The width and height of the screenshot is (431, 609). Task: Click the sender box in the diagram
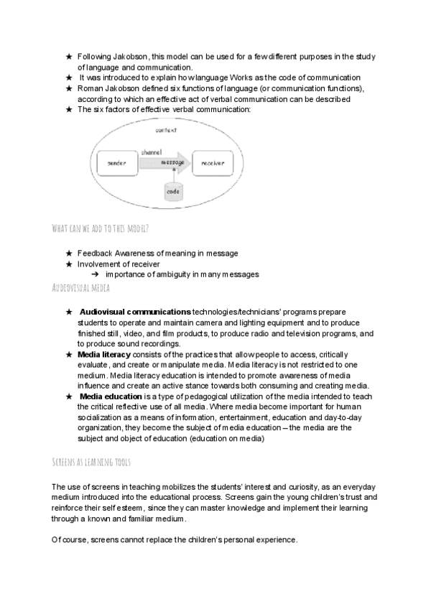(x=117, y=164)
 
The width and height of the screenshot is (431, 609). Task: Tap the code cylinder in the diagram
(x=172, y=192)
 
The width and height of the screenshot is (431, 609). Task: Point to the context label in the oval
(x=167, y=130)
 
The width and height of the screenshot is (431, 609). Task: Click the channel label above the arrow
(x=152, y=152)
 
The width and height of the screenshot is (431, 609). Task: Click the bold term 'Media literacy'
(x=104, y=355)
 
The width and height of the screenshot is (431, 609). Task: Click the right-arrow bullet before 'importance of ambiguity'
(x=95, y=274)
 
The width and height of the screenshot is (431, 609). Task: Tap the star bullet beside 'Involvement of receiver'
(x=69, y=264)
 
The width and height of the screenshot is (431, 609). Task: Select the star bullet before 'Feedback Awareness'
(x=69, y=254)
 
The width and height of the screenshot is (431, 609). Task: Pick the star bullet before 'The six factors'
(x=69, y=109)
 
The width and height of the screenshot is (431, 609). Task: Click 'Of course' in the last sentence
(x=70, y=539)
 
